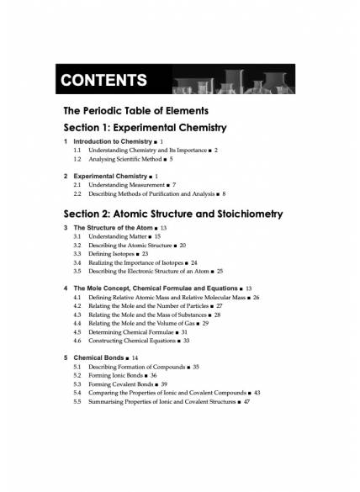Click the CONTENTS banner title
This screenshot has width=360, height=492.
104,81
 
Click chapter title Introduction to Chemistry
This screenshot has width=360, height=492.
113,141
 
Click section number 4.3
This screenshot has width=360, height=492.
77,315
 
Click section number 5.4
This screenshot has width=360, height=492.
77,393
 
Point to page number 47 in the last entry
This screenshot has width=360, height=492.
246,401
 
